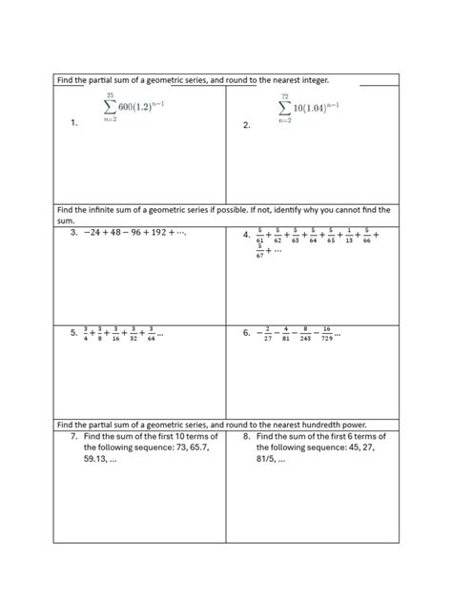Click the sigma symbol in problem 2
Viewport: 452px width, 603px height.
tap(285, 109)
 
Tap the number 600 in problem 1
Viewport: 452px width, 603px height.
tap(129, 106)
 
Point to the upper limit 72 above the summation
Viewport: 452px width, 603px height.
tap(285, 96)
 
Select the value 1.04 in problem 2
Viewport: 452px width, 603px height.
tap(312, 108)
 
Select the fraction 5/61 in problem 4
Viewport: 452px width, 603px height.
tap(258, 235)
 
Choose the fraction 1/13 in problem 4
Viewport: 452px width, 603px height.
tap(352, 235)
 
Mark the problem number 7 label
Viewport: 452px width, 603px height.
tap(72, 436)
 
